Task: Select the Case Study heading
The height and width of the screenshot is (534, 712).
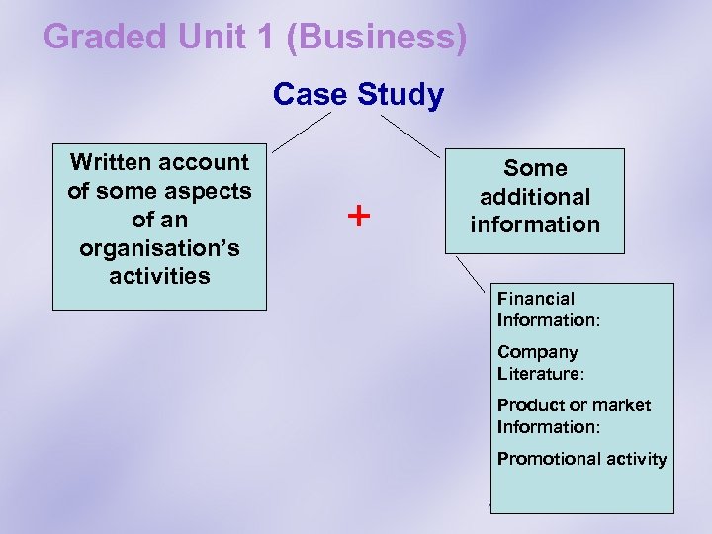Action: (x=358, y=95)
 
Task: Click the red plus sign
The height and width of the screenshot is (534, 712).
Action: (x=359, y=215)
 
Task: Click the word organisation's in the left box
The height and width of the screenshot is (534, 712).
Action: (x=158, y=246)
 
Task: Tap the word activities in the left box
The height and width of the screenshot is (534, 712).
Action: (x=159, y=275)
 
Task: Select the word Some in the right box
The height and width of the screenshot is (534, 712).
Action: (x=535, y=168)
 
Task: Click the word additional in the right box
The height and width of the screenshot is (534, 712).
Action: (x=535, y=197)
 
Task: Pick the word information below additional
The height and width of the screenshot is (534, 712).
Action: (x=535, y=224)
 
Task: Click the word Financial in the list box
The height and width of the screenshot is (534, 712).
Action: (x=535, y=298)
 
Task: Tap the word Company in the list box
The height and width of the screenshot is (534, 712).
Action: (x=537, y=352)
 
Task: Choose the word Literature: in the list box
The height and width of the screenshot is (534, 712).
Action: (x=541, y=374)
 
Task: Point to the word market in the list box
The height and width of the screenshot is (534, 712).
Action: (x=621, y=405)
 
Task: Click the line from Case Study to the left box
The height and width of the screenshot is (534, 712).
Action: (x=303, y=131)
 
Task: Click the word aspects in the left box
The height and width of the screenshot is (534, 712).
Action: (x=214, y=190)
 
